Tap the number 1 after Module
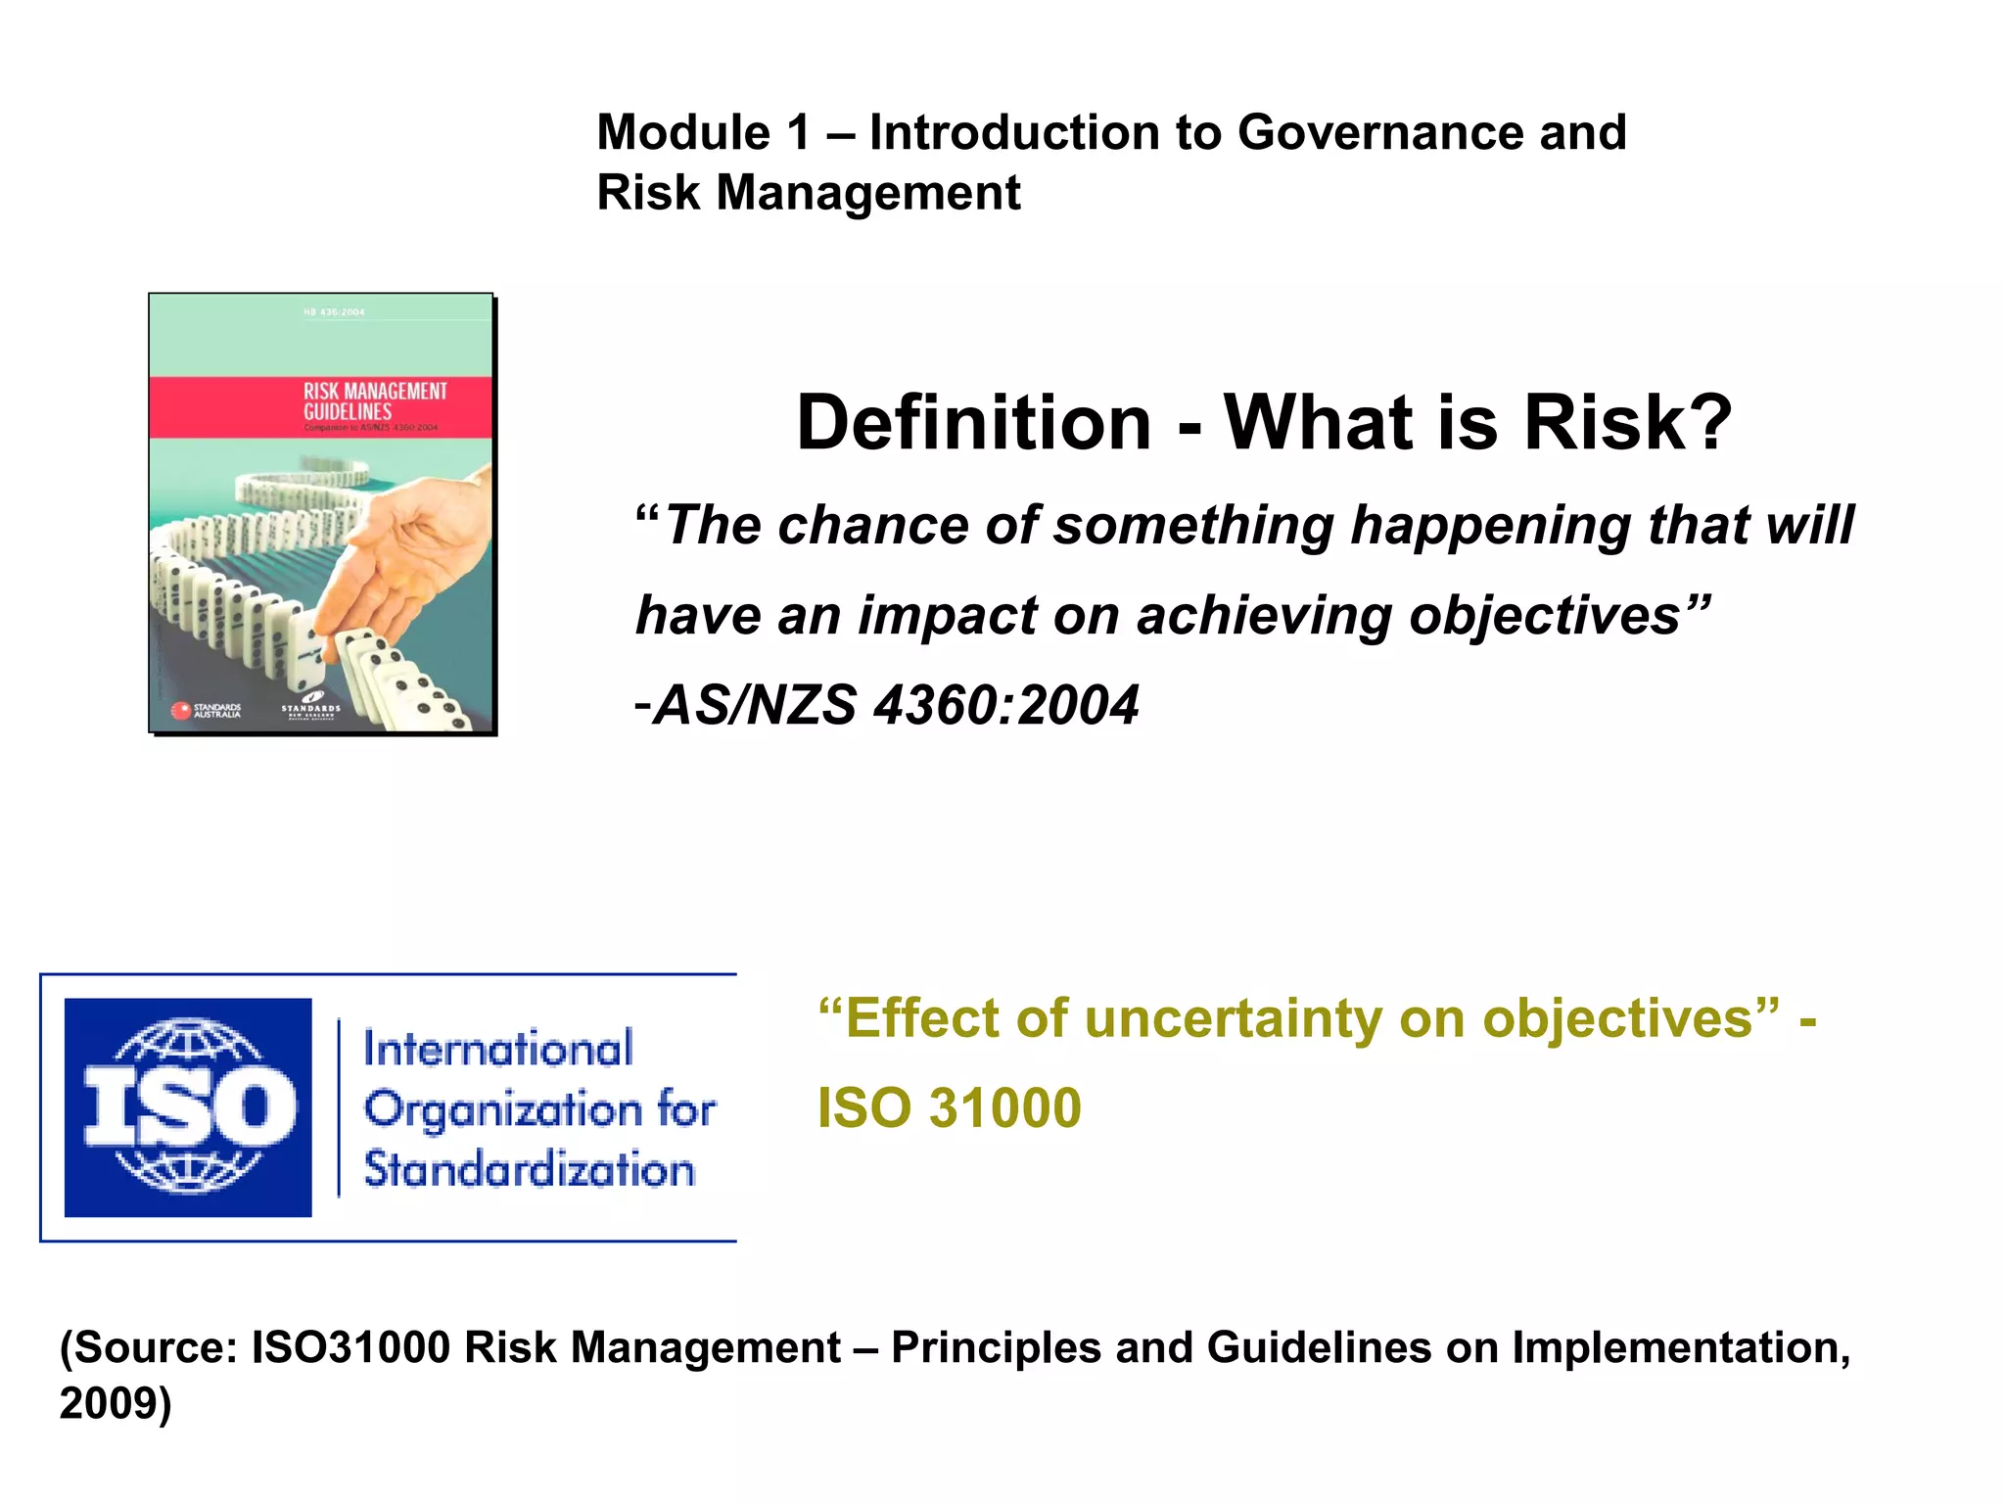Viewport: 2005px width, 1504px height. (x=798, y=133)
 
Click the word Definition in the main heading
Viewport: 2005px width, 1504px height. (x=973, y=423)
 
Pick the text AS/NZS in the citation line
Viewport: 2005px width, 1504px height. (x=754, y=705)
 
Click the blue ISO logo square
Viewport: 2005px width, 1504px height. (x=188, y=1107)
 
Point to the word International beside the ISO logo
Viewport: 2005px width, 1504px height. (x=498, y=1049)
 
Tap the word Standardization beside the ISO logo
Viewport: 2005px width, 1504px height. (x=529, y=1170)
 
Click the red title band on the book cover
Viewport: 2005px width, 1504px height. (x=320, y=406)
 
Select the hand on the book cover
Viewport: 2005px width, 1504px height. (x=411, y=558)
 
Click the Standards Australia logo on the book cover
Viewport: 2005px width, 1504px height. (x=207, y=711)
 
